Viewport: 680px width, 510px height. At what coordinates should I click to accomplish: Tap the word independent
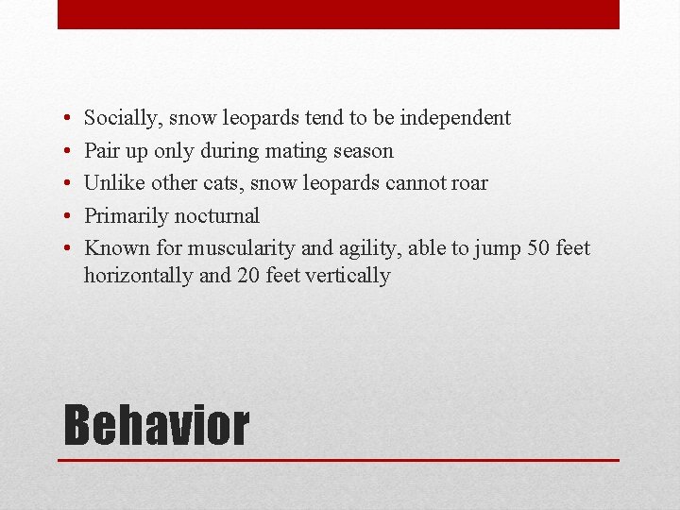click(x=455, y=118)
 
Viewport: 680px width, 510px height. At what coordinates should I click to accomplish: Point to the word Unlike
click(x=113, y=183)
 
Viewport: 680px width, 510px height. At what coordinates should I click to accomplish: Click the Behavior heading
click(x=156, y=425)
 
